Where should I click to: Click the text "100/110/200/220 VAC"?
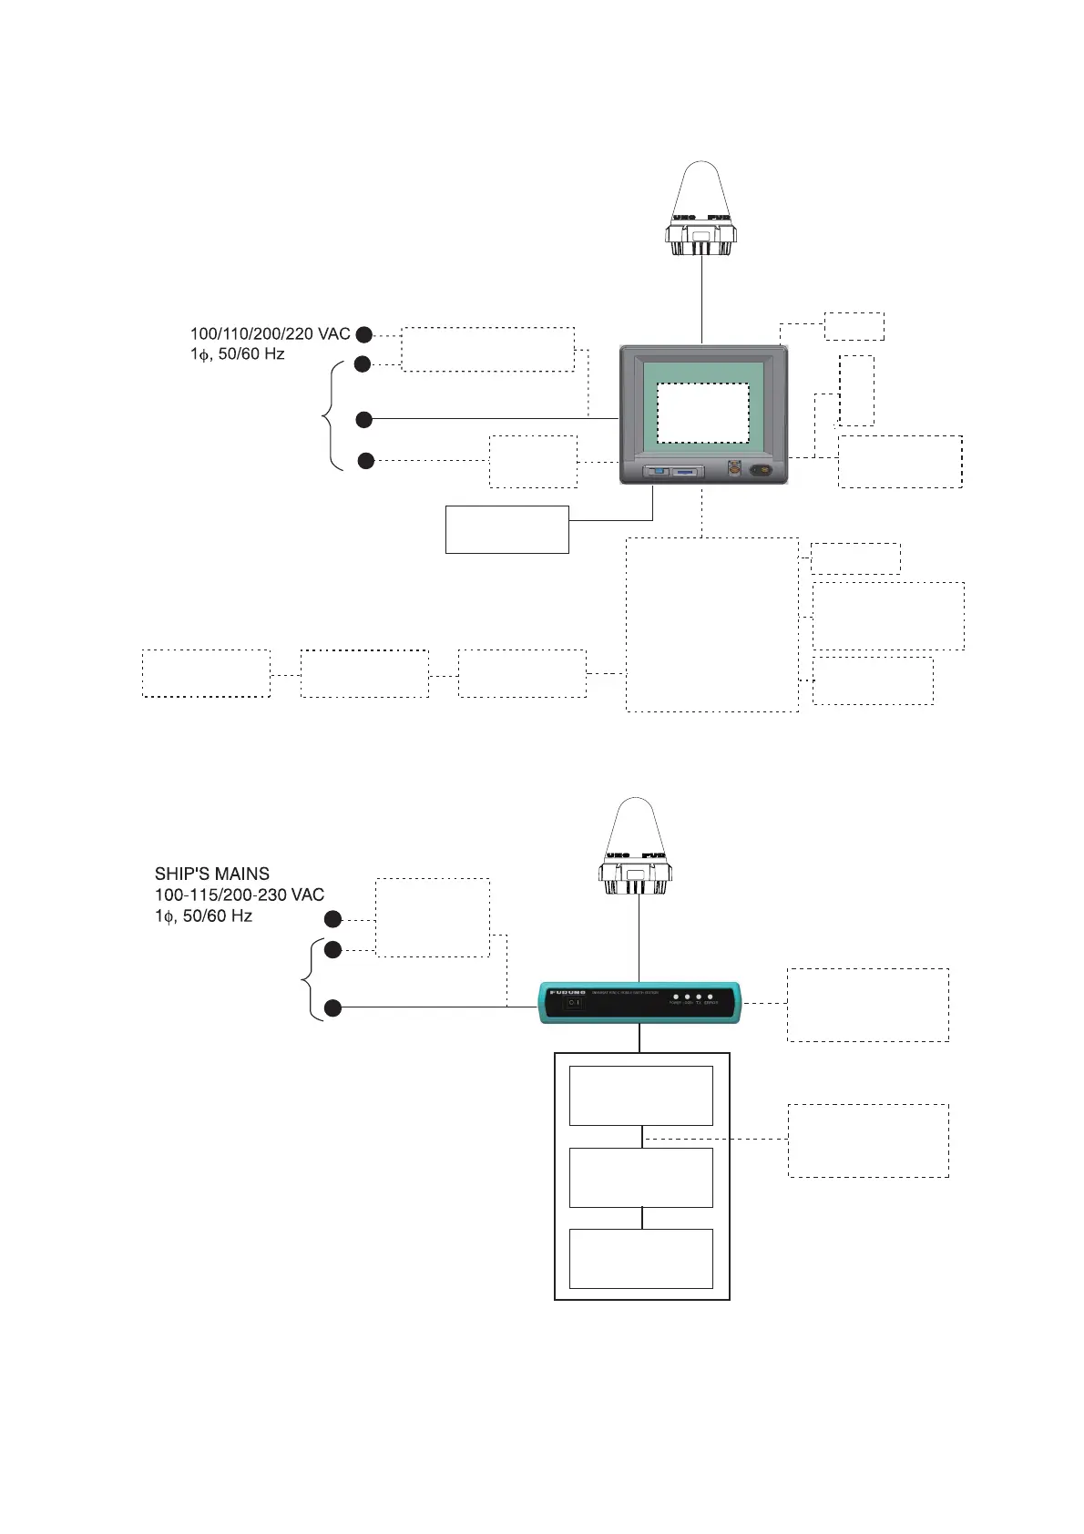click(x=270, y=334)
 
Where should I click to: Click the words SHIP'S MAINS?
click(x=211, y=874)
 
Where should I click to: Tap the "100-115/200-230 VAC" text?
click(x=239, y=895)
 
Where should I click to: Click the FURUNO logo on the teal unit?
click(x=567, y=992)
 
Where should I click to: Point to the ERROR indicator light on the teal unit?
click(x=710, y=997)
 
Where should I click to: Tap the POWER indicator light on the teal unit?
click(x=675, y=997)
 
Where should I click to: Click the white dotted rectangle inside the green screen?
click(x=703, y=413)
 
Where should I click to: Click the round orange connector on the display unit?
click(x=734, y=470)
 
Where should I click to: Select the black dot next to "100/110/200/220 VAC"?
click(x=363, y=334)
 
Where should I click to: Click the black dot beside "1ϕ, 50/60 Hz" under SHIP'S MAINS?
click(x=333, y=919)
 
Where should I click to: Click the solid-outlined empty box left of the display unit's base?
click(x=506, y=529)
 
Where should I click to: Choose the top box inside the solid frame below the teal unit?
click(x=640, y=1096)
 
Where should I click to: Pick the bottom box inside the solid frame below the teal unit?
click(x=640, y=1258)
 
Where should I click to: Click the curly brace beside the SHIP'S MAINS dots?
click(x=308, y=979)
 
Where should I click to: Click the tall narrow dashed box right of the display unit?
click(x=855, y=390)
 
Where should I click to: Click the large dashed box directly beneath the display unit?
click(x=711, y=624)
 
